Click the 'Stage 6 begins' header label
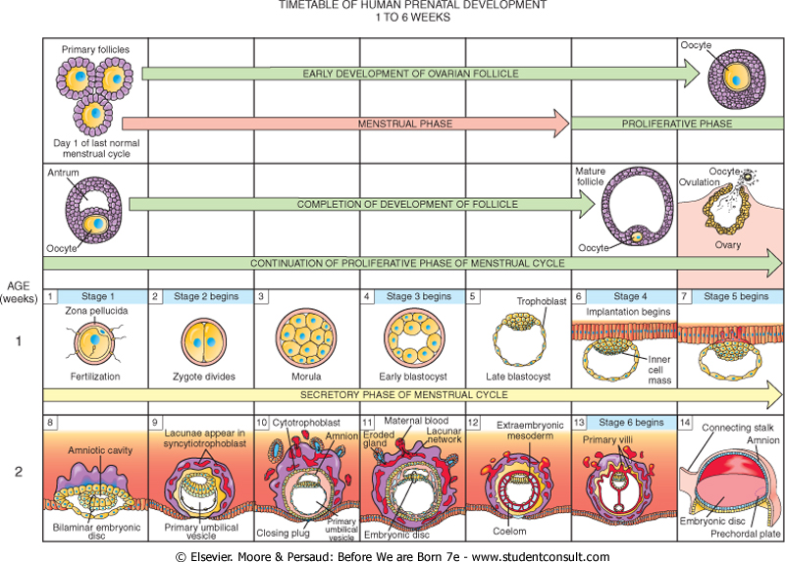coord(627,422)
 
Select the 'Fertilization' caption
coord(94,375)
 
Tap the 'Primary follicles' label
coord(94,49)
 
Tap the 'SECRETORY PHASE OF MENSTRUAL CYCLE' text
coord(410,394)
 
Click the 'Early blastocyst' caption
coord(409,375)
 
